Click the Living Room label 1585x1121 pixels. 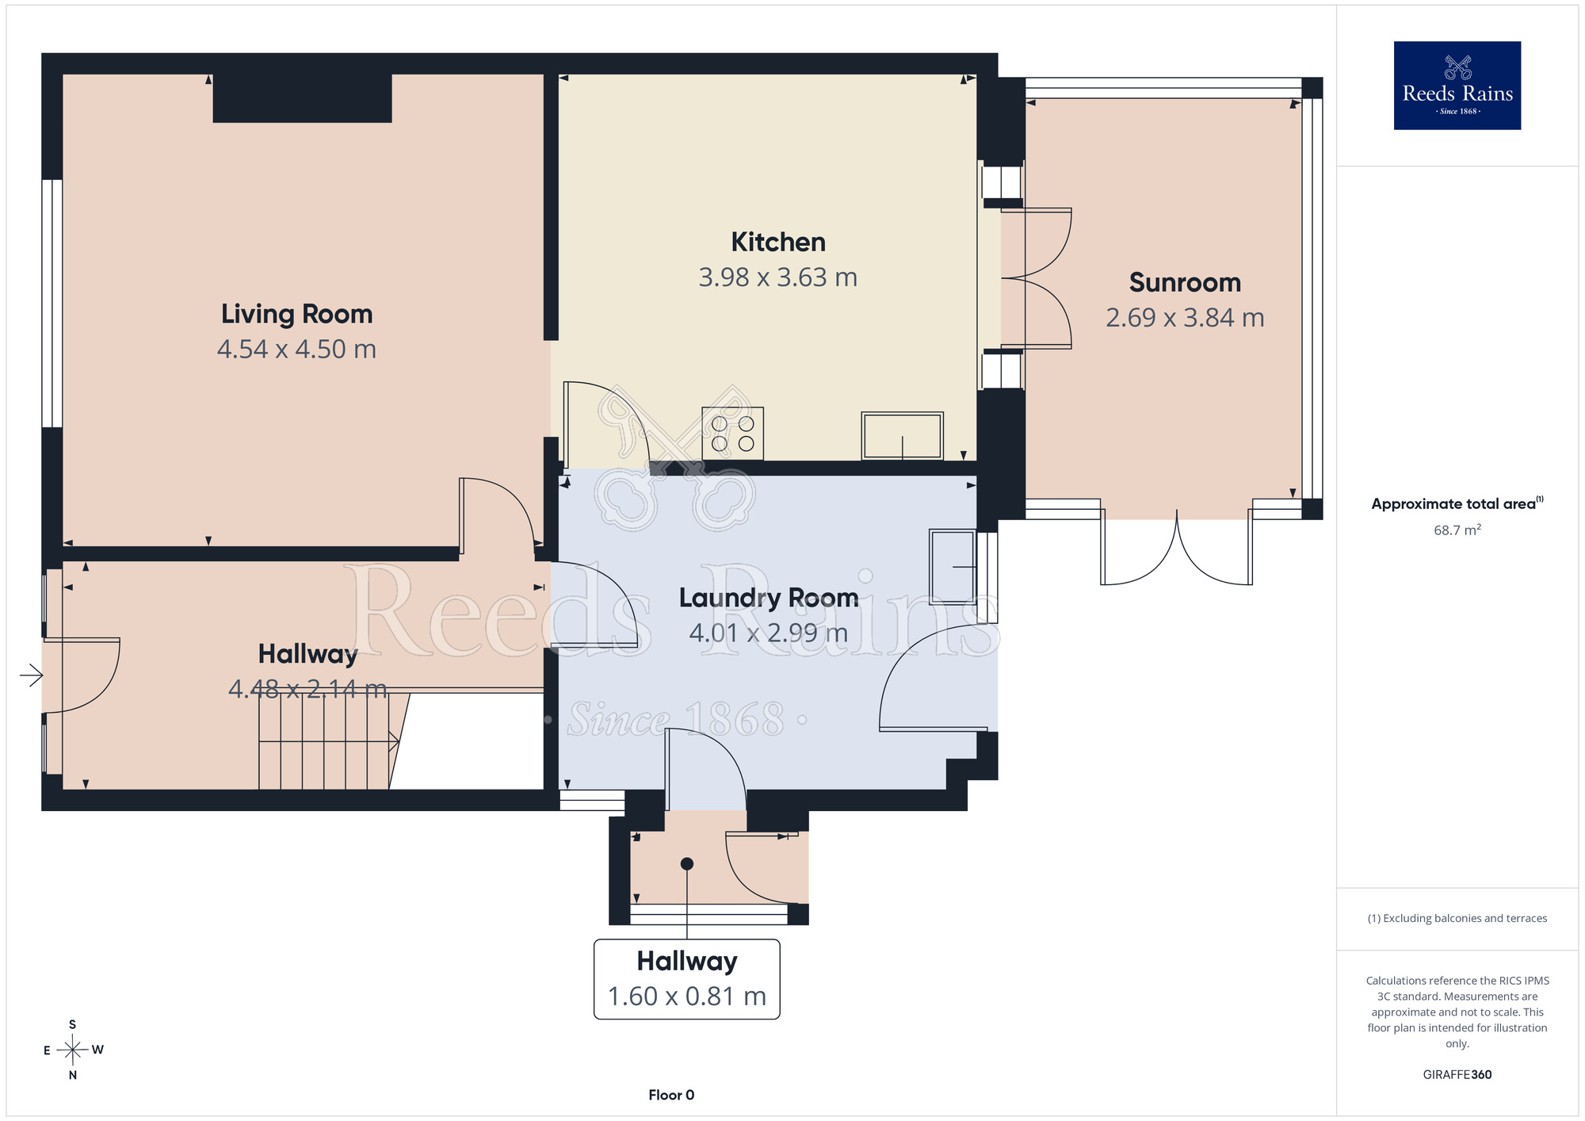(x=296, y=315)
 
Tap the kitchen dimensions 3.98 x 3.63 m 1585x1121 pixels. (x=777, y=277)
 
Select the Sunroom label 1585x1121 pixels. (x=1185, y=282)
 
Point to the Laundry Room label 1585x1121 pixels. (x=769, y=598)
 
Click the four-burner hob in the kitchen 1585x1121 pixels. (x=732, y=434)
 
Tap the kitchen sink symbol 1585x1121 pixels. (x=902, y=435)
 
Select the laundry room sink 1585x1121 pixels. (x=953, y=567)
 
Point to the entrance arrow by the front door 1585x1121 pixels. (x=32, y=675)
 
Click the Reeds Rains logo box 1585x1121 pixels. (x=1457, y=86)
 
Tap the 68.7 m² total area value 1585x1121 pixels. (x=1457, y=530)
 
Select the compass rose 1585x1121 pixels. (x=73, y=1050)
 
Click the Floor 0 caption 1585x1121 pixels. (x=671, y=1095)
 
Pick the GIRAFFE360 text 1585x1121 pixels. (x=1457, y=1075)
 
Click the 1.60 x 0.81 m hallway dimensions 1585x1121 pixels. (x=687, y=997)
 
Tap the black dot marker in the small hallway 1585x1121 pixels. (x=687, y=864)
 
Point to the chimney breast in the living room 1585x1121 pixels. (x=302, y=98)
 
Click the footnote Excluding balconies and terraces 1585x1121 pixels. (x=1457, y=919)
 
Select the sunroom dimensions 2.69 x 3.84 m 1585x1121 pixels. (x=1185, y=318)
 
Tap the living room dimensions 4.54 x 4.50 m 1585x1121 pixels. (x=296, y=350)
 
